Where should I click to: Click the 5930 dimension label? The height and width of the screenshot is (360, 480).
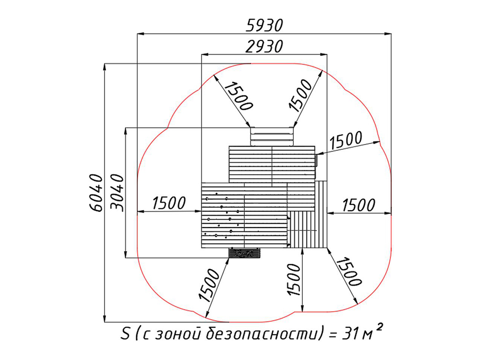tap(264, 25)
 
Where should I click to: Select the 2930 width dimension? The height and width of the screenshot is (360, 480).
tap(264, 47)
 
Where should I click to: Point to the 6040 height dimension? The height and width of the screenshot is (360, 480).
tap(96, 193)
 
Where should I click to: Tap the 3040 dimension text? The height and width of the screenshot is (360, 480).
tap(117, 193)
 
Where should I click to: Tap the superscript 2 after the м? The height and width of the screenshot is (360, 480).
tap(379, 327)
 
